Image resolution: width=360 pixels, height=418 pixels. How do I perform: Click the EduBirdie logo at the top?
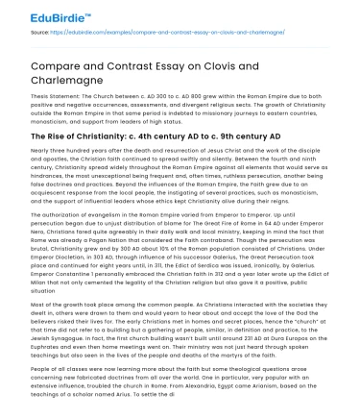point(38,16)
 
